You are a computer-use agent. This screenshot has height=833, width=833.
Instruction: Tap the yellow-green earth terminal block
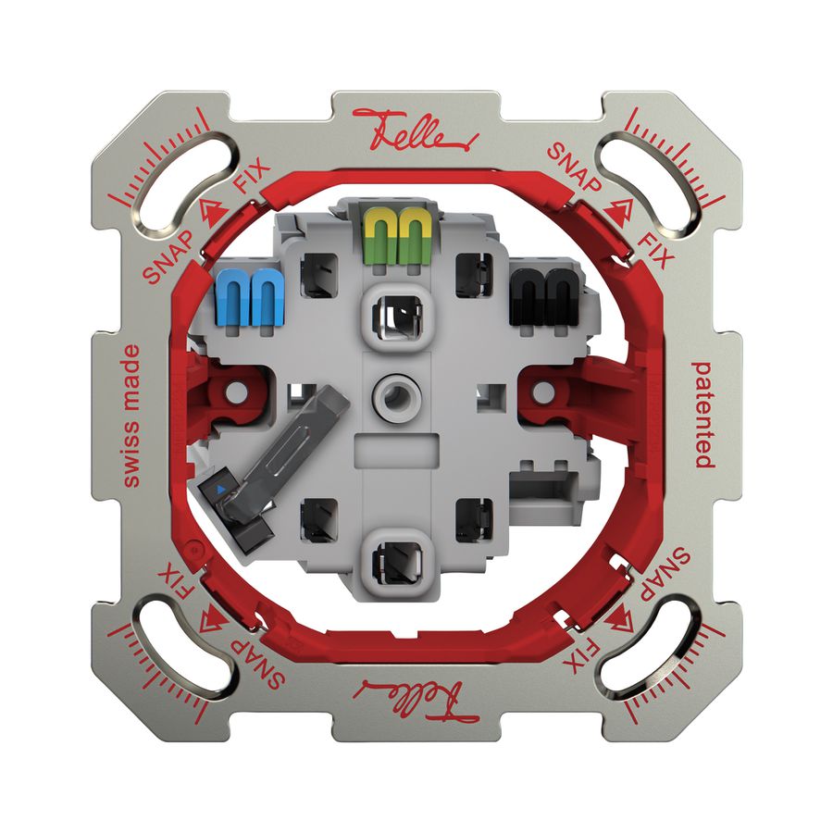click(x=395, y=237)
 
